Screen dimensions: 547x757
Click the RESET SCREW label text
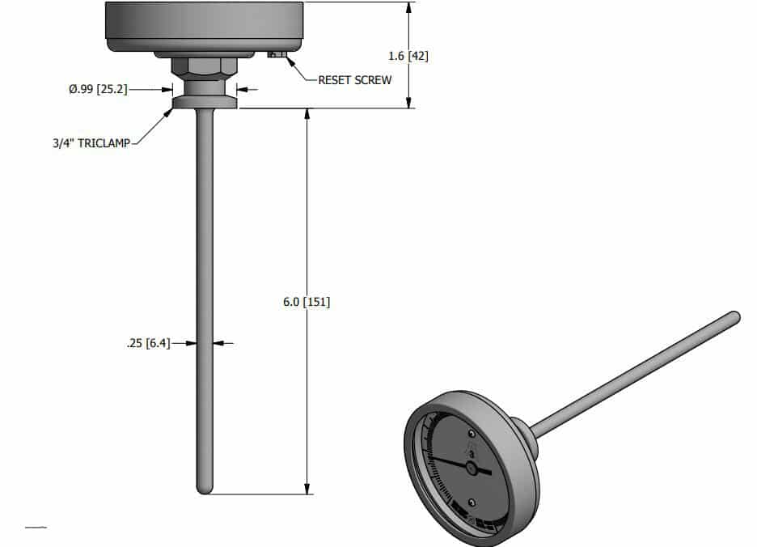[354, 80]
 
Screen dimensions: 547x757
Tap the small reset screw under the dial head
[276, 55]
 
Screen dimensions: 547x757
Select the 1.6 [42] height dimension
[409, 57]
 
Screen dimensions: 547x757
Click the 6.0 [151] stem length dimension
[307, 302]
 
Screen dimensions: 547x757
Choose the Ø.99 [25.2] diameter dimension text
[98, 89]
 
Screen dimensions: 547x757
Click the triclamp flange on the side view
[205, 103]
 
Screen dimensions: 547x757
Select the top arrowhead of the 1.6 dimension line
[409, 6]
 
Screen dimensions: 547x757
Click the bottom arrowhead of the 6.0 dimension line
[307, 489]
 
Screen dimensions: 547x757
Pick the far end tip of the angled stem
[734, 316]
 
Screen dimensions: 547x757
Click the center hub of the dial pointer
[472, 468]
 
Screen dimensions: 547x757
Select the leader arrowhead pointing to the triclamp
[171, 112]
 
